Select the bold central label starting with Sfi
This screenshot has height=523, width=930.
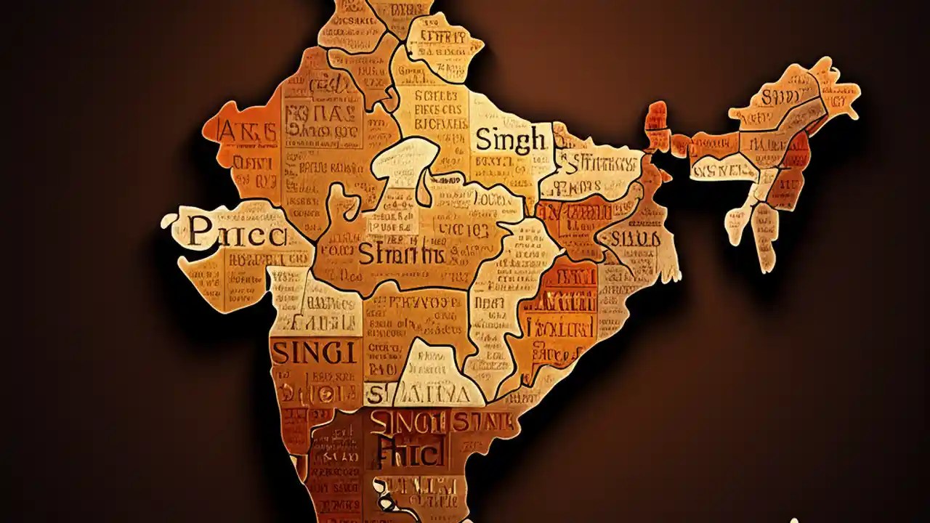(x=400, y=254)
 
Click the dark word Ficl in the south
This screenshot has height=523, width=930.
(x=409, y=454)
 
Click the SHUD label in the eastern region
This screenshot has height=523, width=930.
(x=635, y=238)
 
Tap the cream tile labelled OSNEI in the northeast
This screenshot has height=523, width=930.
(x=723, y=169)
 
